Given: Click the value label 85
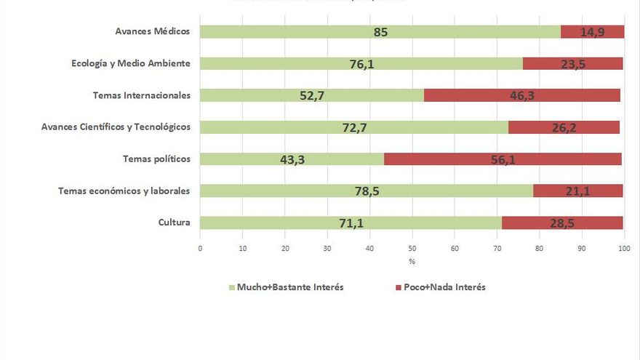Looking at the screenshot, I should click(380, 32).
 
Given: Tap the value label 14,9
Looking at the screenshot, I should click(593, 32).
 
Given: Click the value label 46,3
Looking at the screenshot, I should click(521, 95).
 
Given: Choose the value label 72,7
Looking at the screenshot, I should click(354, 127).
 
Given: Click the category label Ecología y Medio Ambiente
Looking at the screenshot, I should click(131, 63).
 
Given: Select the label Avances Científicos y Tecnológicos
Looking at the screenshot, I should click(116, 127).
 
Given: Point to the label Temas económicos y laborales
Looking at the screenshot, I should click(124, 191).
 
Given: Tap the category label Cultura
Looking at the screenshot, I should click(174, 223).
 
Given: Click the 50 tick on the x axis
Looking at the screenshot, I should click(412, 249).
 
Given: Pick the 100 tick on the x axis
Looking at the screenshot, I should click(623, 249).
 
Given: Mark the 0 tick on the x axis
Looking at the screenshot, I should click(200, 249).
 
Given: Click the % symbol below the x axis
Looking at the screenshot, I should click(412, 261).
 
